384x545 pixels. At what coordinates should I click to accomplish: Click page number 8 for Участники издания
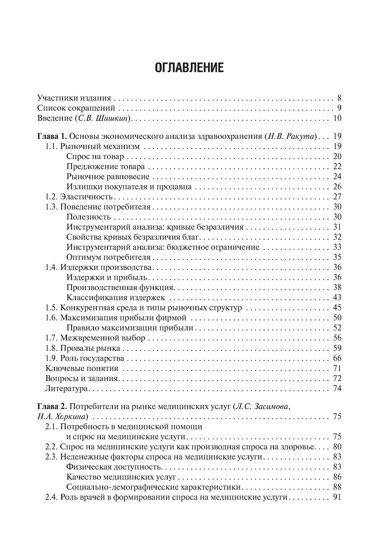(x=339, y=98)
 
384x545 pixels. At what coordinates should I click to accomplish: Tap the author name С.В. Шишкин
(x=104, y=118)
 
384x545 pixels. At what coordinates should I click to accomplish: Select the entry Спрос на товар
(x=95, y=157)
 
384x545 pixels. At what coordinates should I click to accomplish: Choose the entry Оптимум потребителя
(x=108, y=257)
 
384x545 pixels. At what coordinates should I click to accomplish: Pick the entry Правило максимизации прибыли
(x=130, y=328)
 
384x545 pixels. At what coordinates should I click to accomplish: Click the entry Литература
(x=67, y=388)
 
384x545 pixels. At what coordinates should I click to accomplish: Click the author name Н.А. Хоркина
(x=62, y=417)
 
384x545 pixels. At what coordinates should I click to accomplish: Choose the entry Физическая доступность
(x=114, y=467)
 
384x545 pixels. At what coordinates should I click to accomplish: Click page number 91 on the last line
(x=337, y=497)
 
